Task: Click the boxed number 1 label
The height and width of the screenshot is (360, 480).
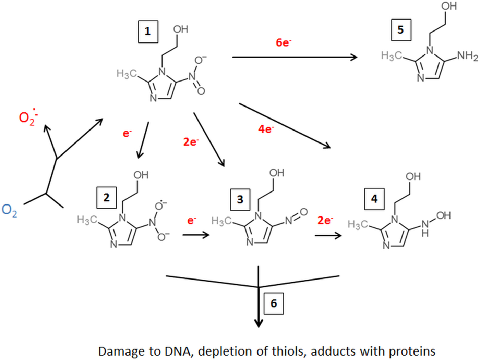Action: click(x=148, y=32)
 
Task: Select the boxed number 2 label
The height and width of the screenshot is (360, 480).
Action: click(x=107, y=198)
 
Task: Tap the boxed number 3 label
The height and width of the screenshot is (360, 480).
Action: click(x=240, y=199)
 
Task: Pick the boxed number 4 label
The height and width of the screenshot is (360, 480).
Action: click(x=374, y=199)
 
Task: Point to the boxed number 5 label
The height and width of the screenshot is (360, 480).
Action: click(x=401, y=30)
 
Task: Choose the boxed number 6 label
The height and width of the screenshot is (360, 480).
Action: click(x=274, y=303)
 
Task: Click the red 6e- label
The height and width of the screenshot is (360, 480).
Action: click(x=284, y=42)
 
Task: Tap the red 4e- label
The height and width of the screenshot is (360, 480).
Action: click(x=266, y=129)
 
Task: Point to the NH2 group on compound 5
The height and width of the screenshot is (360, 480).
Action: click(x=468, y=56)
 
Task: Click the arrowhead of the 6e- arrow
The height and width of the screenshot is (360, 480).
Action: click(x=354, y=57)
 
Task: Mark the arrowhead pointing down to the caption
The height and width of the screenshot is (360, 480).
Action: click(x=259, y=323)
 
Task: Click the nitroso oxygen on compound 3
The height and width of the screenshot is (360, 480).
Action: click(x=303, y=212)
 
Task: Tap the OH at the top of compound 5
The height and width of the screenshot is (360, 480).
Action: click(x=449, y=6)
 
